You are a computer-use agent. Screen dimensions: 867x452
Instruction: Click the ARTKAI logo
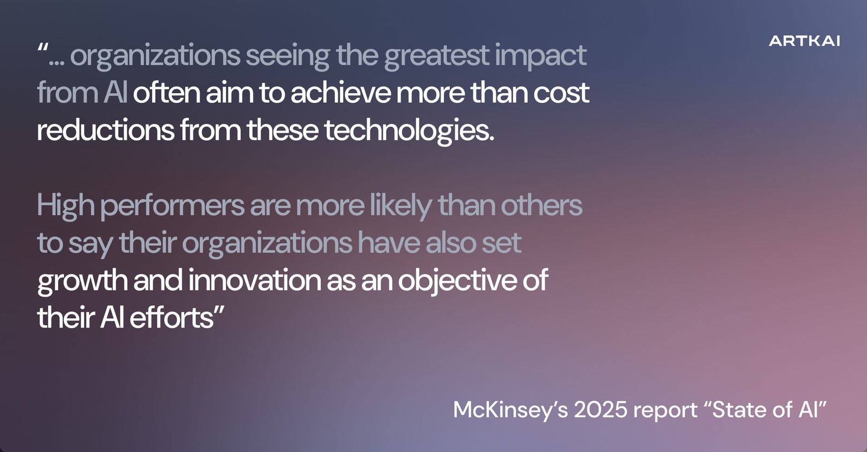pyautogui.click(x=804, y=41)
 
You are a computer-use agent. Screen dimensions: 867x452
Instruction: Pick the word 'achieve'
pyautogui.click(x=341, y=93)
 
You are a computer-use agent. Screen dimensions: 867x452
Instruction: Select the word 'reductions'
pyautogui.click(x=106, y=130)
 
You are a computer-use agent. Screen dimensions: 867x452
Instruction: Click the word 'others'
pyautogui.click(x=541, y=205)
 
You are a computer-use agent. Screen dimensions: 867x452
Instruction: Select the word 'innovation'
pyautogui.click(x=255, y=280)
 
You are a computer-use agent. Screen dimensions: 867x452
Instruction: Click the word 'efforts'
pyautogui.click(x=172, y=317)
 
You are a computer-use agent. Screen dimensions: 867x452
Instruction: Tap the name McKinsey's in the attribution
pyautogui.click(x=510, y=410)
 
